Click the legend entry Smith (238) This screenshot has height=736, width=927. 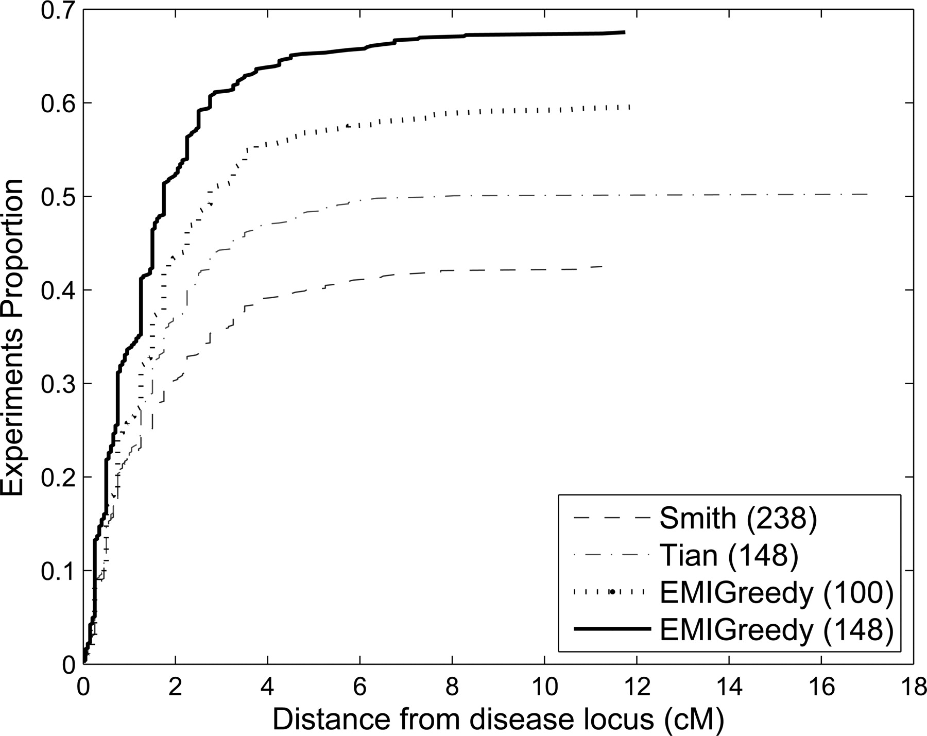pos(738,519)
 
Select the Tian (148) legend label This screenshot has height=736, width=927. pos(728,555)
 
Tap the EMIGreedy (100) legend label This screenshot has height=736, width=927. pos(776,592)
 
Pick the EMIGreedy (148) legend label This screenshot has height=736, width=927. pos(776,629)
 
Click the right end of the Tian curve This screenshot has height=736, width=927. pos(868,194)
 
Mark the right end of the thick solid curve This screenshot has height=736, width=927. pos(625,32)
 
